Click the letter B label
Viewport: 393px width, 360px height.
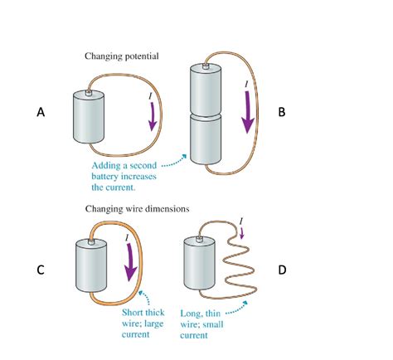point(282,112)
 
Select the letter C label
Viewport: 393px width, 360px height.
point(39,270)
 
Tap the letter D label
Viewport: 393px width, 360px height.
point(282,270)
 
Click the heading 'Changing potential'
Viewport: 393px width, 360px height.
point(123,56)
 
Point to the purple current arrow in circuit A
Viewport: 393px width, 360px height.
point(152,121)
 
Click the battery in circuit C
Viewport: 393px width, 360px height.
point(91,267)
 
